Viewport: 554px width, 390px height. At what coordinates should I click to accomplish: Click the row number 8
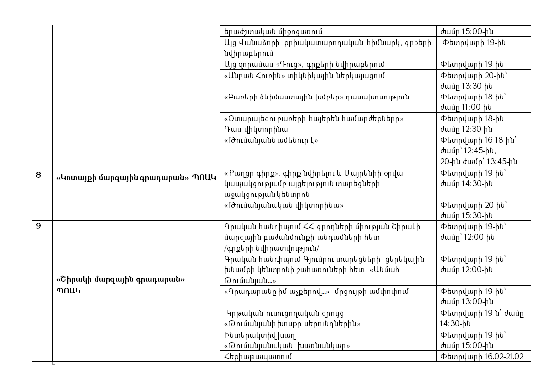click(39, 175)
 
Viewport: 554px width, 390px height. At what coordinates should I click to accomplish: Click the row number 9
click(39, 227)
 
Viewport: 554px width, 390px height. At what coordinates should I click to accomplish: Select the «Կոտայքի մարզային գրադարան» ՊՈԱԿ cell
click(136, 178)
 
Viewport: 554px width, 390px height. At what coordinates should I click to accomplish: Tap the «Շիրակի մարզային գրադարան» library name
click(121, 280)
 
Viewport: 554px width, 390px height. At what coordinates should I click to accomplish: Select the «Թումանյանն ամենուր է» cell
click(272, 140)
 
